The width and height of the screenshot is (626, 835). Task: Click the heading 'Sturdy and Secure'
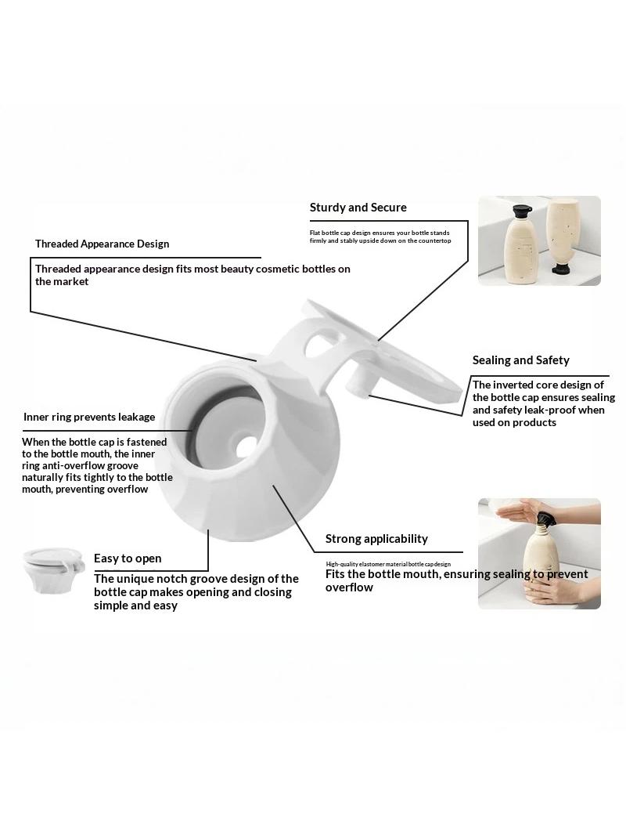[x=358, y=208]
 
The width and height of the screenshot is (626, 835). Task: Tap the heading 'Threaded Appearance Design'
[x=103, y=244]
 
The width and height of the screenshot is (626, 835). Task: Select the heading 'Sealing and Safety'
[x=520, y=360]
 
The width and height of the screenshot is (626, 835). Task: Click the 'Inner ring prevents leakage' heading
[x=89, y=417]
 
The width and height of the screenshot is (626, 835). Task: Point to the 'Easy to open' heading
[x=128, y=558]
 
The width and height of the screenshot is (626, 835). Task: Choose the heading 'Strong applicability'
[x=376, y=539]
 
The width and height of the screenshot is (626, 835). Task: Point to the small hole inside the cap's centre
[x=244, y=446]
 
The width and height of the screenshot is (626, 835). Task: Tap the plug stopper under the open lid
[x=358, y=383]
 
